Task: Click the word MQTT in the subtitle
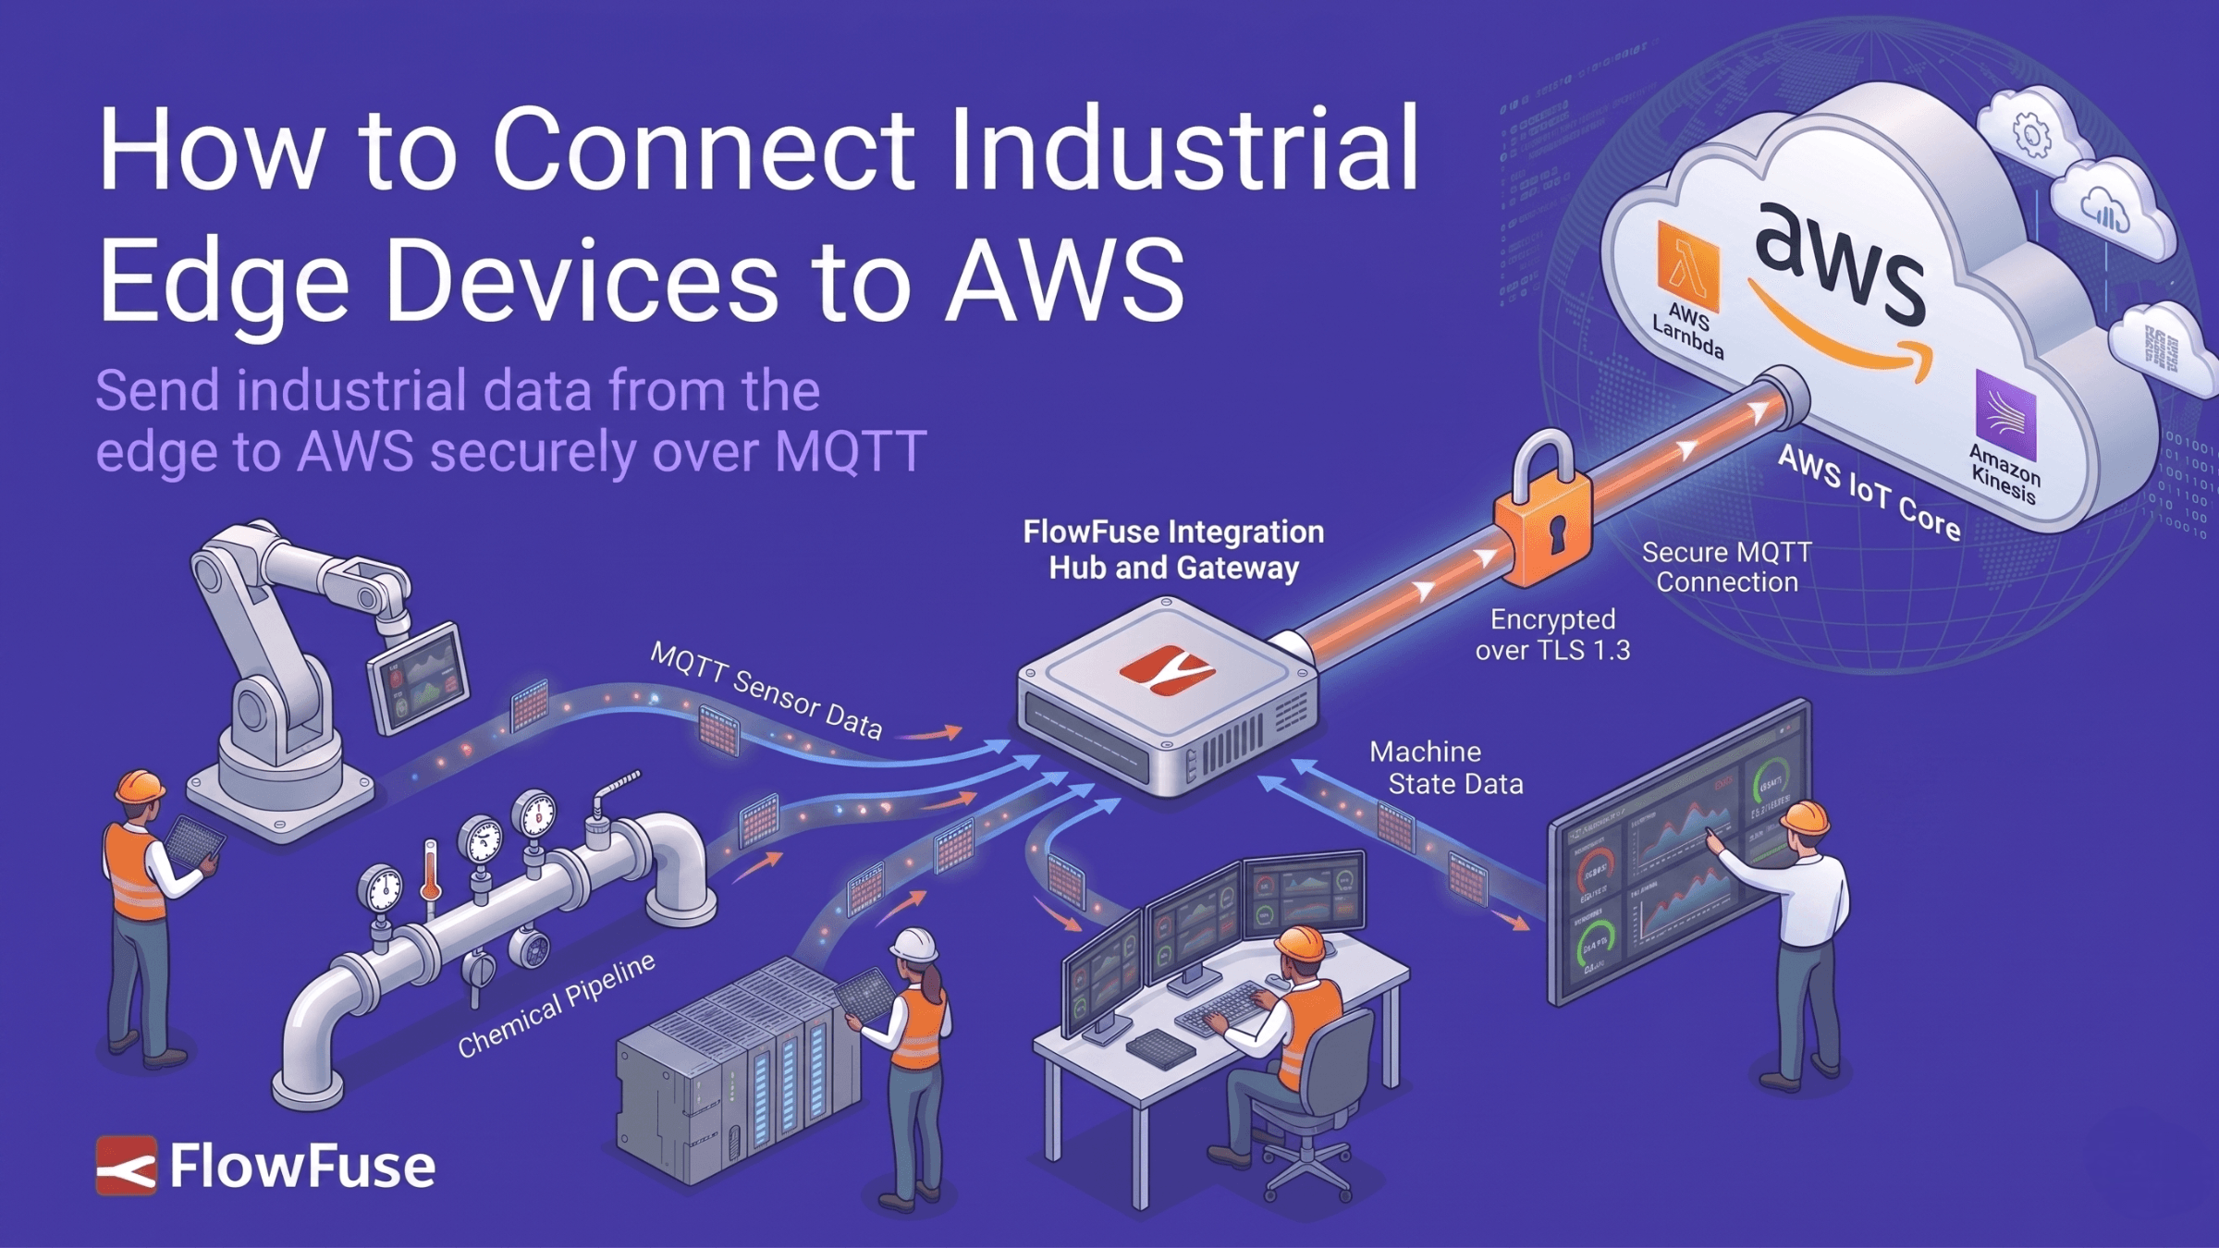pyautogui.click(x=850, y=451)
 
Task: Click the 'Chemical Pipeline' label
pyautogui.click(x=557, y=1005)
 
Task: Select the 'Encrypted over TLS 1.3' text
pyautogui.click(x=1552, y=634)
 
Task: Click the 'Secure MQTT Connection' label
pyautogui.click(x=1726, y=567)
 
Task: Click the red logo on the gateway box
pyautogui.click(x=1166, y=667)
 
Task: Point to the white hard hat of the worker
pyautogui.click(x=914, y=945)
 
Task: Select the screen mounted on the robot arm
pyautogui.click(x=419, y=679)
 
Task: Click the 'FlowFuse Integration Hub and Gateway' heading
pyautogui.click(x=1173, y=549)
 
